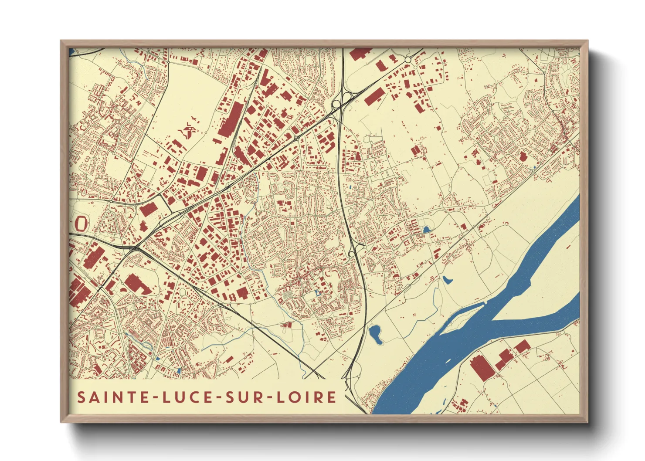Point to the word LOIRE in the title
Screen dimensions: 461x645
[307, 397]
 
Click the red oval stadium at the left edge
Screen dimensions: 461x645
[81, 223]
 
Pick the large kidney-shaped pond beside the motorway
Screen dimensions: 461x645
[375, 334]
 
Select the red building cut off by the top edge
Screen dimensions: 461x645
[360, 54]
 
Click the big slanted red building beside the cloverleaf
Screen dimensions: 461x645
[375, 97]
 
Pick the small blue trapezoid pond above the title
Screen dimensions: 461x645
[178, 371]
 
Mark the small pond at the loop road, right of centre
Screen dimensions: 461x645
[426, 229]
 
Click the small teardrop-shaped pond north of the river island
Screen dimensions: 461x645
[446, 279]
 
